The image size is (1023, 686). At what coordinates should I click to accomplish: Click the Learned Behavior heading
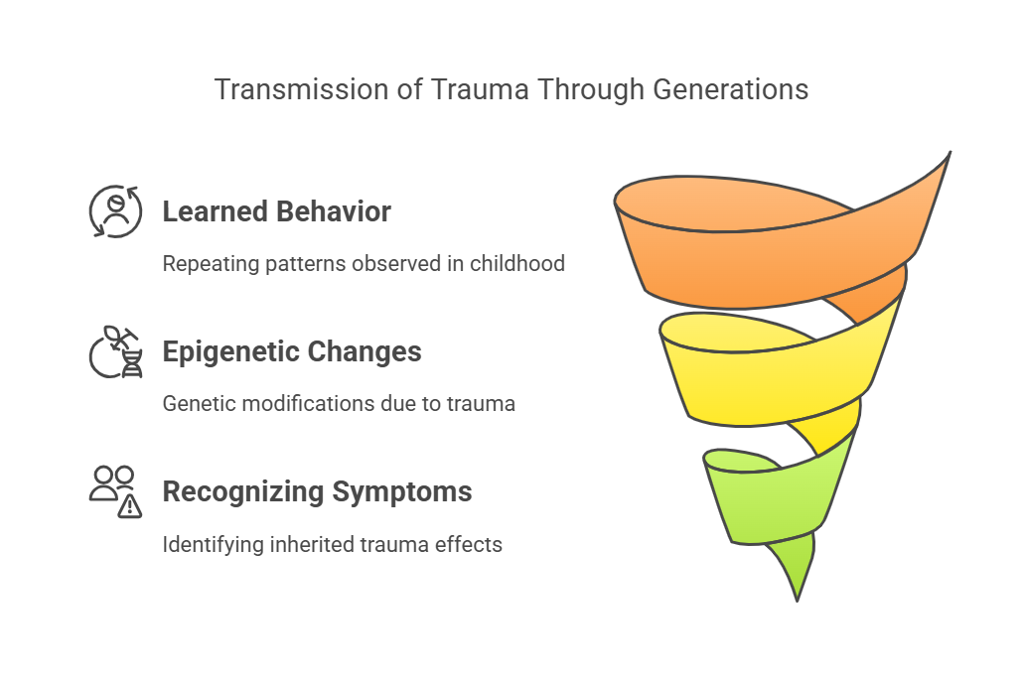tap(276, 211)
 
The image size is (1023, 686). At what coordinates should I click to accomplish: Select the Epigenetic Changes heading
tap(292, 351)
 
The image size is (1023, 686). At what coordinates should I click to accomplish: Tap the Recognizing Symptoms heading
tap(317, 491)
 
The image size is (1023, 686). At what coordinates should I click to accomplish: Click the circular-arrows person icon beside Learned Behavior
tap(115, 211)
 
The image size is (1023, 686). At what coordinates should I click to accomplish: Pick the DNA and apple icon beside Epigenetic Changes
tap(115, 351)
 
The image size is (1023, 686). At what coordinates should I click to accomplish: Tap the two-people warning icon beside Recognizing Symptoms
tap(115, 491)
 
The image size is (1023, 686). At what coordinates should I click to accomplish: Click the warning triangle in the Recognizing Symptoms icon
tap(130, 506)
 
